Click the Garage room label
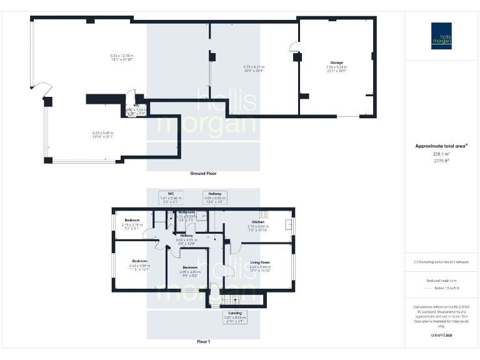(x=337, y=63)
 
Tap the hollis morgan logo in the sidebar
(x=442, y=36)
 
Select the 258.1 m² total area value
(x=441, y=154)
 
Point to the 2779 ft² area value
(x=441, y=161)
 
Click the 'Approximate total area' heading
(x=441, y=146)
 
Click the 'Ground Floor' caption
(x=203, y=173)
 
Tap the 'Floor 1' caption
(x=203, y=342)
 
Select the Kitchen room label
(x=258, y=222)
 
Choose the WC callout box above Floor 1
(x=170, y=197)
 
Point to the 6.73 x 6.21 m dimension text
(x=254, y=68)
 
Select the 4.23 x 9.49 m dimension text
(x=102, y=134)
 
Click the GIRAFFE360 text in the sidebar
(x=441, y=336)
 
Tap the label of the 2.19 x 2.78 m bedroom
(x=132, y=221)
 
